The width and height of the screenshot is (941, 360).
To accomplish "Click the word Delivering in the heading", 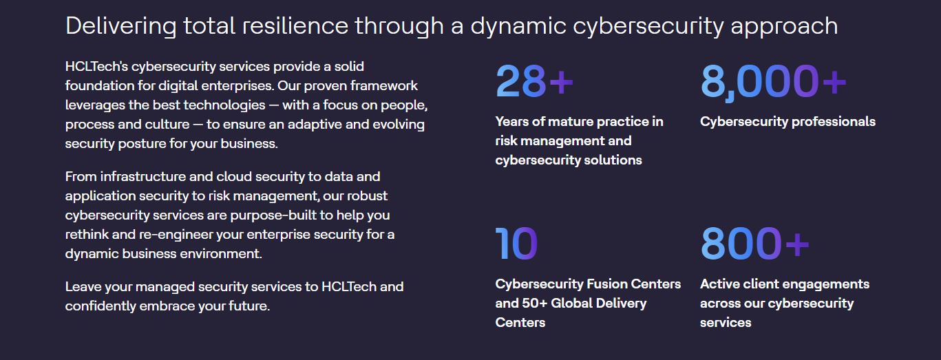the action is (x=121, y=27).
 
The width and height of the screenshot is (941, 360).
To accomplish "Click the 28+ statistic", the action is (x=534, y=81).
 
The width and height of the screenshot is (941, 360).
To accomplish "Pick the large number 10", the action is (x=516, y=244).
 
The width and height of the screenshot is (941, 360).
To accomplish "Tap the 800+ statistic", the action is (x=754, y=244).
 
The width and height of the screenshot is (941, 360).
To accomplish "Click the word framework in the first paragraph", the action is (x=384, y=85).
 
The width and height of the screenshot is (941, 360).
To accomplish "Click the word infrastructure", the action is (x=143, y=176).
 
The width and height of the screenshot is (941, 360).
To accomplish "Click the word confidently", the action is (x=101, y=306).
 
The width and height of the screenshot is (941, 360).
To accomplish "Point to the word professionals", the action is (x=834, y=122).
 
